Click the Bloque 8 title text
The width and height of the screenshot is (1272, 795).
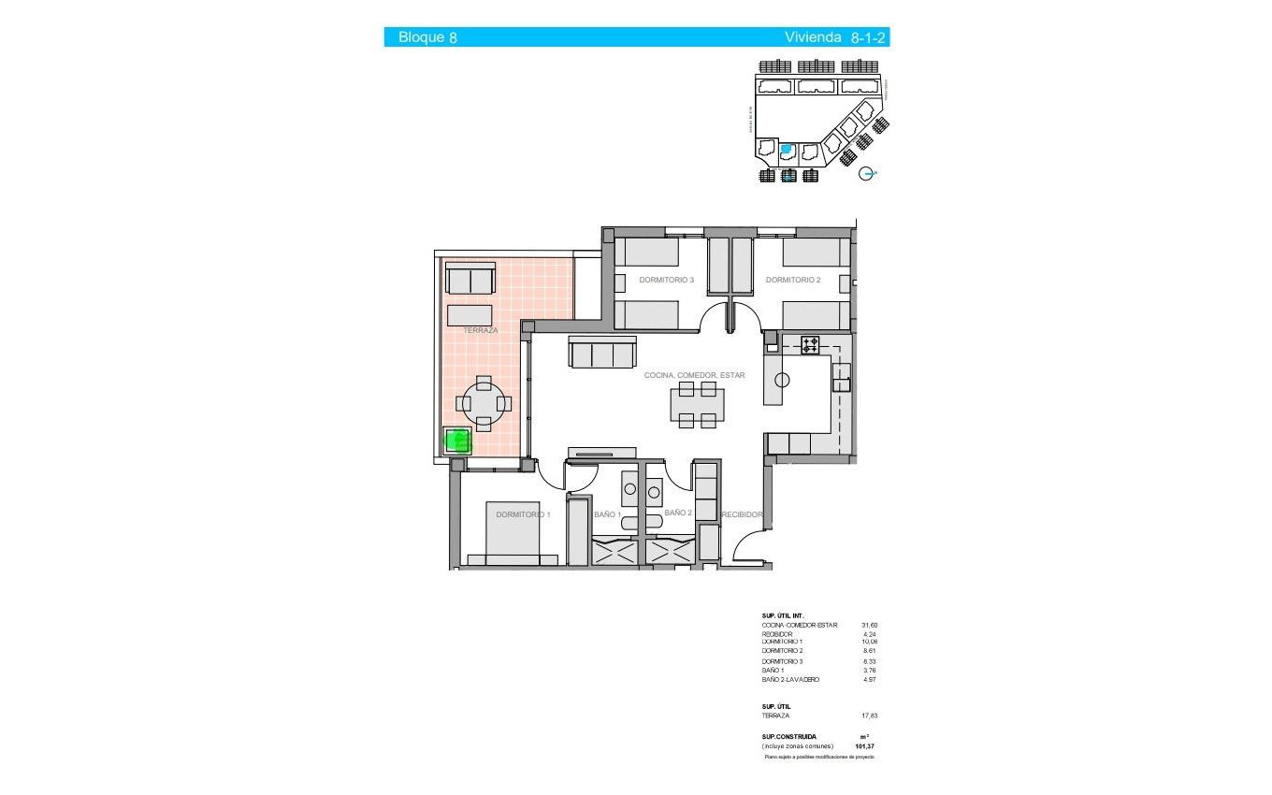pyautogui.click(x=427, y=37)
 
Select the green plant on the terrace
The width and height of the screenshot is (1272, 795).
pyautogui.click(x=457, y=440)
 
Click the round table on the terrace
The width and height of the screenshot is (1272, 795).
pyautogui.click(x=484, y=404)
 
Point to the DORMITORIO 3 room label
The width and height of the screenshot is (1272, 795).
pyautogui.click(x=666, y=280)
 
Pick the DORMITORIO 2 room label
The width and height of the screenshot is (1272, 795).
pyautogui.click(x=792, y=280)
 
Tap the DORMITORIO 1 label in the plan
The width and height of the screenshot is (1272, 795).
pyautogui.click(x=523, y=514)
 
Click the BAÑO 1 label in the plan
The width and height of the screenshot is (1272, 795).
pyautogui.click(x=608, y=514)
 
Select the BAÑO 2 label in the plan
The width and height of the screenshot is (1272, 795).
pyautogui.click(x=678, y=513)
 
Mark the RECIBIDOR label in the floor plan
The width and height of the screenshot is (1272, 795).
pyautogui.click(x=743, y=514)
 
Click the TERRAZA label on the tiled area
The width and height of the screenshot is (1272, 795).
pyautogui.click(x=480, y=330)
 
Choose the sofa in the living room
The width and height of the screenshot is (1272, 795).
pyautogui.click(x=600, y=354)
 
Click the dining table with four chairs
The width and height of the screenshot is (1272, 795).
pyautogui.click(x=697, y=407)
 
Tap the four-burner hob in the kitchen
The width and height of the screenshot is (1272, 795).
pyautogui.click(x=810, y=344)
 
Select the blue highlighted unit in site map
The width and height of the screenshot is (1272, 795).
pyautogui.click(x=787, y=149)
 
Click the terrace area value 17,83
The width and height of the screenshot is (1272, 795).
pyautogui.click(x=869, y=715)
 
